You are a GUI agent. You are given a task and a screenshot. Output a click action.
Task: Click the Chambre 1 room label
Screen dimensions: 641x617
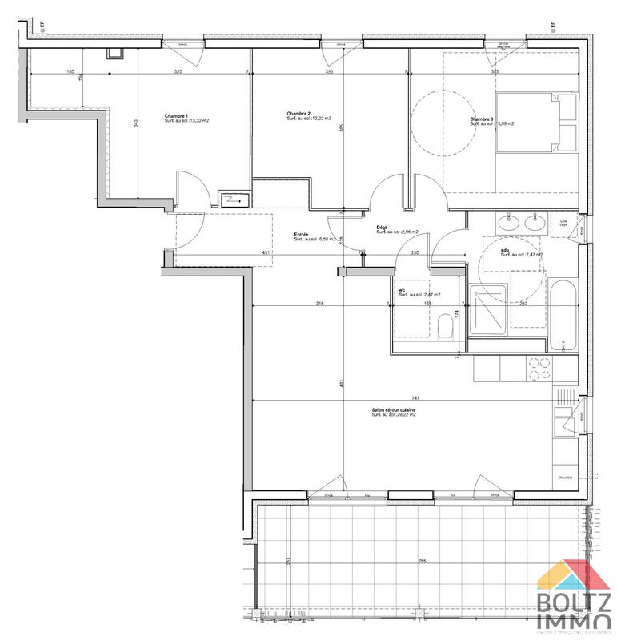click(x=177, y=116)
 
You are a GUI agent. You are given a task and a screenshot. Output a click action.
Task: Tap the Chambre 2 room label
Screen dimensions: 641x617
click(x=298, y=115)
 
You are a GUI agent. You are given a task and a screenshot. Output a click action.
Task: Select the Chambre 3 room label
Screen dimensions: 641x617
click(x=482, y=120)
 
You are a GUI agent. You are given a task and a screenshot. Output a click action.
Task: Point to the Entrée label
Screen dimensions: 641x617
click(x=302, y=235)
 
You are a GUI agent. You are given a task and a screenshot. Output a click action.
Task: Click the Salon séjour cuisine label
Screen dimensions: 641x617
click(x=393, y=410)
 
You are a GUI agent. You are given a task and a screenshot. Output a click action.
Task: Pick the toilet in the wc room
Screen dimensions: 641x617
click(x=446, y=326)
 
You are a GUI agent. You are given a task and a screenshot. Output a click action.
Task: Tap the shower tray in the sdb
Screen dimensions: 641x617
click(x=487, y=310)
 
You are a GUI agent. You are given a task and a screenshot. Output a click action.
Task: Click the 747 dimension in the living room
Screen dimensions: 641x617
click(x=415, y=398)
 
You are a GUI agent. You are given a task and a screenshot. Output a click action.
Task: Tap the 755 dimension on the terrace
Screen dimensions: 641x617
click(x=422, y=562)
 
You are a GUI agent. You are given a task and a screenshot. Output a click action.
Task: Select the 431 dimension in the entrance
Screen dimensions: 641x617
click(x=265, y=254)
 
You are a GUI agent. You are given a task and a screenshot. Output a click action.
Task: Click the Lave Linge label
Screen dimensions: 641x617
click(x=565, y=224)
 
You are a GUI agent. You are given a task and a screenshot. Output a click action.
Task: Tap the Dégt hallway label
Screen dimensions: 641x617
click(x=383, y=228)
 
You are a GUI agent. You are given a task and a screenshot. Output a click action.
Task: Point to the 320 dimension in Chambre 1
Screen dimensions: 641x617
click(x=178, y=72)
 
